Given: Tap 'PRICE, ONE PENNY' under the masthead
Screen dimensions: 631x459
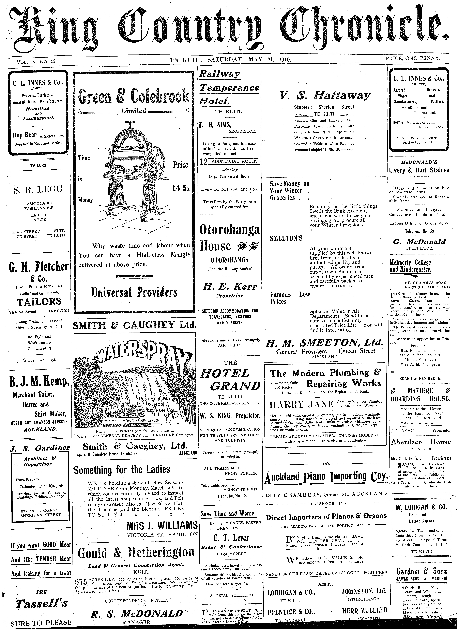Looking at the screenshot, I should point(413,58).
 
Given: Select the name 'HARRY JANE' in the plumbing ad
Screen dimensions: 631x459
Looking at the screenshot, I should point(302,404).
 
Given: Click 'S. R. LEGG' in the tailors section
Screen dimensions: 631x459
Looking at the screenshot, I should point(38,189).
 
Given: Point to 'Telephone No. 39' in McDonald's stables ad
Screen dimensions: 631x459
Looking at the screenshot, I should point(419,231).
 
